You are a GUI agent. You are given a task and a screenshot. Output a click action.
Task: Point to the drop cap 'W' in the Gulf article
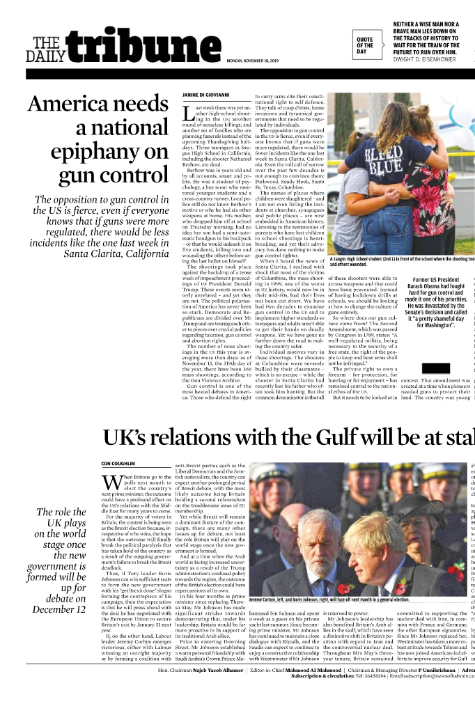(x=112, y=483)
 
